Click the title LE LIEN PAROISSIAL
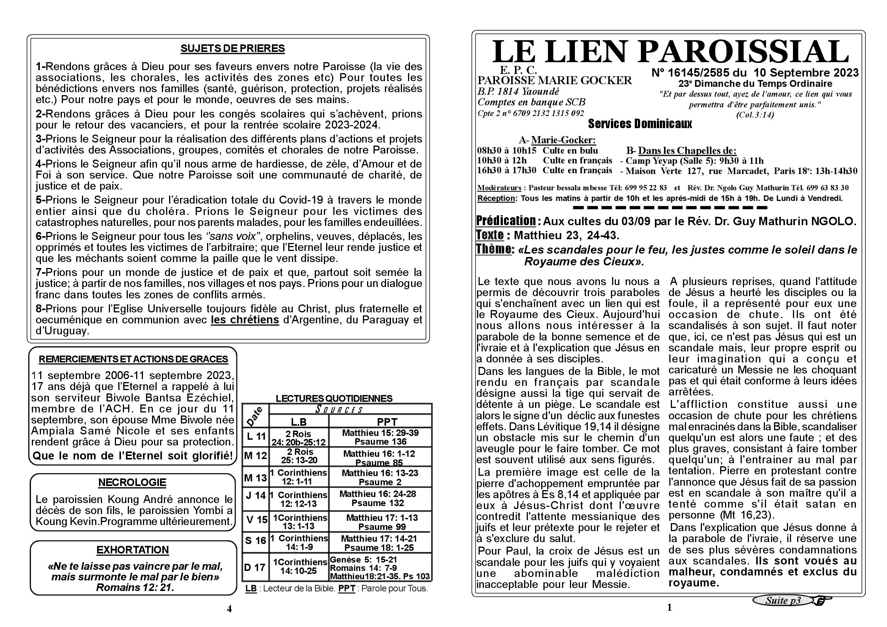coord(670,51)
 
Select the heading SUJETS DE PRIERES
coord(232,49)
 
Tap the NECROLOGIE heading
coord(132,483)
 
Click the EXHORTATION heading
coord(132,550)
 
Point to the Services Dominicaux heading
coord(640,124)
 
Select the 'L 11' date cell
coord(256,437)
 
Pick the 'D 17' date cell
coord(255,567)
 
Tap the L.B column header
coord(298,422)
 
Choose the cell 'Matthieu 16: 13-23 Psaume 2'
coord(380,477)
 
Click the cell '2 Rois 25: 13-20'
coord(299,456)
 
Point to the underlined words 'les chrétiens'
coord(245,320)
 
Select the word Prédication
coord(506,221)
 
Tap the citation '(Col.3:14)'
coord(755,114)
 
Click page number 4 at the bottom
coord(229,609)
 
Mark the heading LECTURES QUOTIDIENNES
coord(334,398)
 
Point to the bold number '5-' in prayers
coord(41,200)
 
